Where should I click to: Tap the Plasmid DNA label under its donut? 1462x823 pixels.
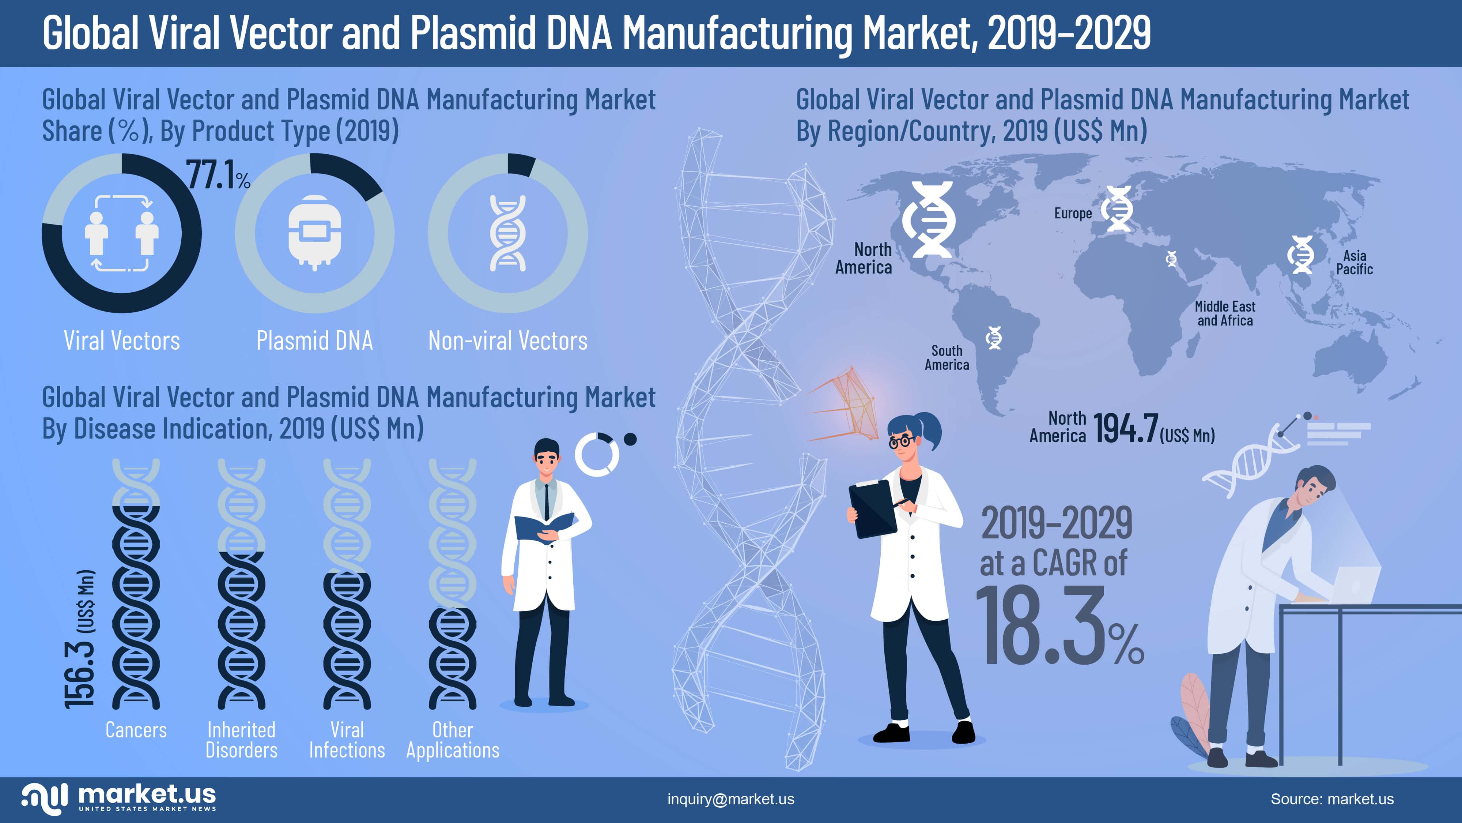coord(314,341)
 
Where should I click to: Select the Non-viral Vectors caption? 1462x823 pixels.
coord(507,341)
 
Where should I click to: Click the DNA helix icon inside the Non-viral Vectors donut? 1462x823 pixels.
coord(507,233)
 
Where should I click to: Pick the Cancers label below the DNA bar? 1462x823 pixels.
coord(136,730)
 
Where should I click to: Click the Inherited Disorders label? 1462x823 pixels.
coord(241,740)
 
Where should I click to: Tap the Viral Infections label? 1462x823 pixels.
coord(347,740)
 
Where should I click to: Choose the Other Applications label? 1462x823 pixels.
coord(452,740)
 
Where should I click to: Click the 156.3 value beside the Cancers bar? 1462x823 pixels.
coord(79,673)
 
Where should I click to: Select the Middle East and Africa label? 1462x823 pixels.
coord(1225,313)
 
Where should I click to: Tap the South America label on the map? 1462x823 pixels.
coord(947,358)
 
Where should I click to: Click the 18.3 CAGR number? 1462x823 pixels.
coord(1042,625)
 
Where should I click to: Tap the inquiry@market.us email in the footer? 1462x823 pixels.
coord(730,799)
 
